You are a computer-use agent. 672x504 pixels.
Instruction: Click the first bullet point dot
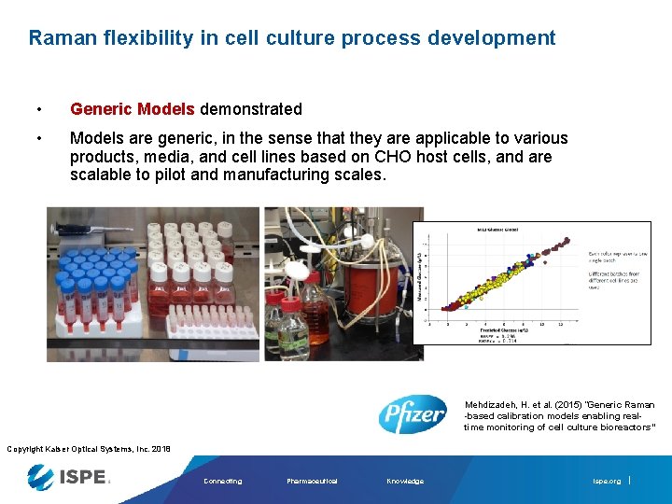37,109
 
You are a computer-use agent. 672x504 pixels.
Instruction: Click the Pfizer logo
412,413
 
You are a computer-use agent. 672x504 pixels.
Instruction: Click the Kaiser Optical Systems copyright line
89,449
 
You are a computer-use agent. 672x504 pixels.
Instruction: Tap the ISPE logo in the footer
69,478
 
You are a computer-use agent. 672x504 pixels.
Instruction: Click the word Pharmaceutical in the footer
312,482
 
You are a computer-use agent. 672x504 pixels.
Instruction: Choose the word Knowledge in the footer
405,482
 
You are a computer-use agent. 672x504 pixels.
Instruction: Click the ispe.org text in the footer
606,482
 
